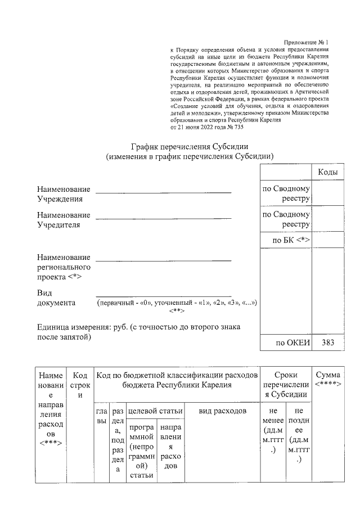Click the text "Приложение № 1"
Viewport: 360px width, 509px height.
[x=305, y=43]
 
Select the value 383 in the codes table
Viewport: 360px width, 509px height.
[x=327, y=343]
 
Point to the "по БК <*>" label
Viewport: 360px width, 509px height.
[x=291, y=240]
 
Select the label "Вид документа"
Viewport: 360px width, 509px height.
[x=56, y=298]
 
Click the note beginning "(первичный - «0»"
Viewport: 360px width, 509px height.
[x=177, y=303]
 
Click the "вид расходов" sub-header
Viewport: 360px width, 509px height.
[x=223, y=412]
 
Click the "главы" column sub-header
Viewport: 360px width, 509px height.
[x=101, y=416]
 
